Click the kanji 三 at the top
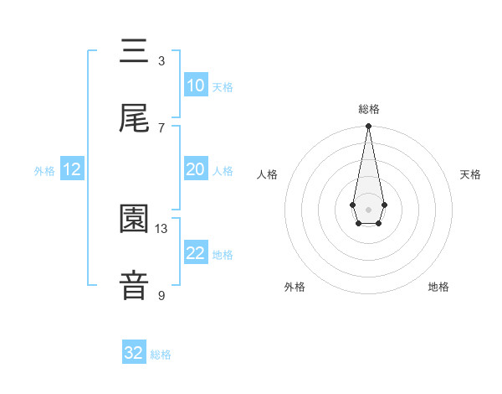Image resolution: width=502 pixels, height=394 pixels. pyautogui.click(x=135, y=52)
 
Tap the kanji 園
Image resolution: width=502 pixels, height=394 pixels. pyautogui.click(x=135, y=220)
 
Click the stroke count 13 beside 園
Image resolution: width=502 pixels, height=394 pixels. pyautogui.click(x=161, y=228)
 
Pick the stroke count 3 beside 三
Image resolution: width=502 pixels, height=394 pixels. pyautogui.click(x=161, y=60)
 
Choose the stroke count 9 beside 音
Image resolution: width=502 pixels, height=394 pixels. pyautogui.click(x=161, y=295)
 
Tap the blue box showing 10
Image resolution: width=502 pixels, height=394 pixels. pyautogui.click(x=195, y=86)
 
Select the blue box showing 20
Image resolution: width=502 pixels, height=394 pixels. pyautogui.click(x=195, y=169)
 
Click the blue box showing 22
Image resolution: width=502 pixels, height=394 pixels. pyautogui.click(x=195, y=253)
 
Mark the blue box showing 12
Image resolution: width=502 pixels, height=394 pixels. pyautogui.click(x=72, y=169)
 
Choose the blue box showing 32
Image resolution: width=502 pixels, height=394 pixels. pyautogui.click(x=134, y=353)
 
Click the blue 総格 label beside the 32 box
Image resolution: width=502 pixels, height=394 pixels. pyautogui.click(x=161, y=355)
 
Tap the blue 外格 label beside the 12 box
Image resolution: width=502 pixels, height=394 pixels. pyautogui.click(x=44, y=171)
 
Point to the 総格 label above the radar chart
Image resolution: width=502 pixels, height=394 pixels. pyautogui.click(x=368, y=109)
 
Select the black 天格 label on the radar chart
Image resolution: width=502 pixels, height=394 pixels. pyautogui.click(x=471, y=174)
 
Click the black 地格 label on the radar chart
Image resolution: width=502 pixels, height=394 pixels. pyautogui.click(x=438, y=287)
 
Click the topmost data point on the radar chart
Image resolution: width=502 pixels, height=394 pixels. pyautogui.click(x=368, y=126)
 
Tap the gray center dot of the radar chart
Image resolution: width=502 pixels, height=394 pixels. pyautogui.click(x=368, y=208)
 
